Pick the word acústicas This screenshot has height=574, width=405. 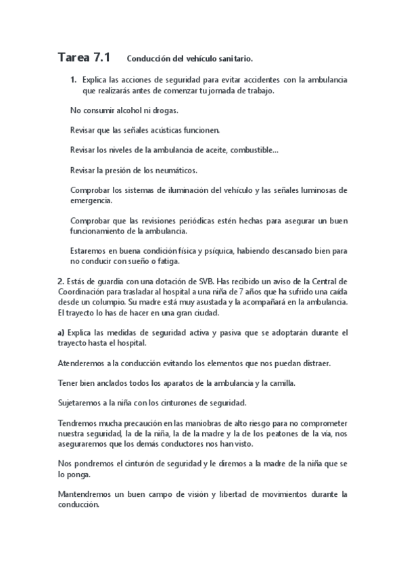click(x=169, y=129)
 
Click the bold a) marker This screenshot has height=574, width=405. click(x=61, y=333)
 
